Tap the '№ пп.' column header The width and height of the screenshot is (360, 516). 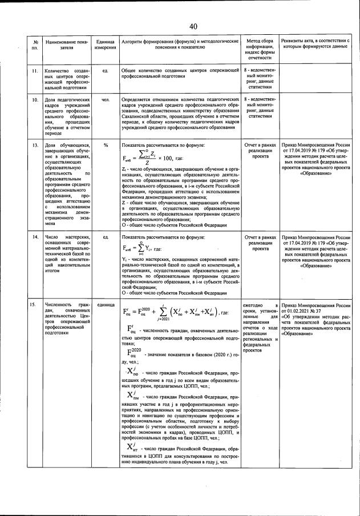tap(35, 45)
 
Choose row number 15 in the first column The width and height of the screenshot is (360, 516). tap(35, 305)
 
